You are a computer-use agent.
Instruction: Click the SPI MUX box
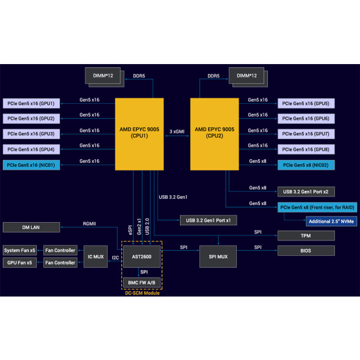[x=218, y=257]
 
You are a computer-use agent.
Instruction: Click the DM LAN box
[x=32, y=227]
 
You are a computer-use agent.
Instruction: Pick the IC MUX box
[x=95, y=257]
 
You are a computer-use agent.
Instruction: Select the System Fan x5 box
[x=20, y=250]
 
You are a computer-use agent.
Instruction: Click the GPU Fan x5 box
[x=20, y=262]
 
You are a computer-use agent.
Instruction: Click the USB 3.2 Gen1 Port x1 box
[x=208, y=220]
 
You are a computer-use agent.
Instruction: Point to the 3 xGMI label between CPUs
[x=177, y=131]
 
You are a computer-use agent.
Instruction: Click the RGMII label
[x=90, y=223]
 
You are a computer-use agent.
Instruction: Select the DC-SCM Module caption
[x=142, y=293]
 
